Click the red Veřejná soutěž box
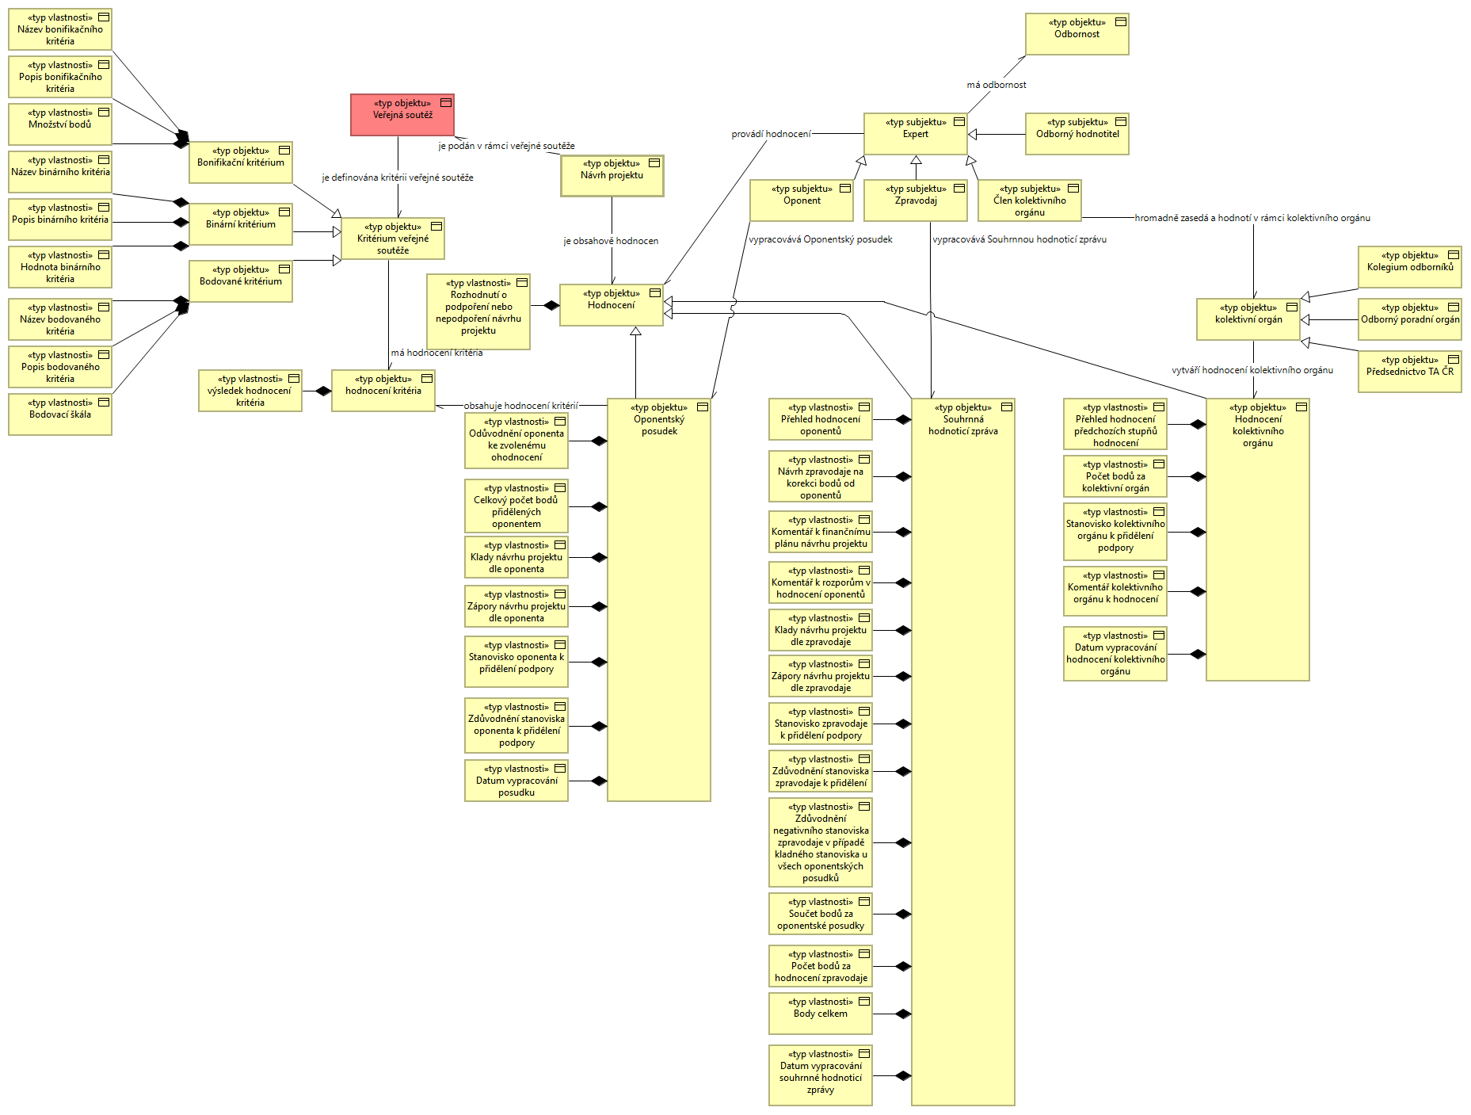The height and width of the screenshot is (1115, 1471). (x=402, y=115)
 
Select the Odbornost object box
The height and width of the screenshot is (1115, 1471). (x=1077, y=34)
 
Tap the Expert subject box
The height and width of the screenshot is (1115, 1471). (x=916, y=134)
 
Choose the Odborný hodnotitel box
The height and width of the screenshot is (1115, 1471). (x=1077, y=134)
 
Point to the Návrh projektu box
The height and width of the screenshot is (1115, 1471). (x=612, y=175)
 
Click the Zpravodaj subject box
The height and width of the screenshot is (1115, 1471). (x=916, y=200)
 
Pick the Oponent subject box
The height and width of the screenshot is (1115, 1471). (x=802, y=200)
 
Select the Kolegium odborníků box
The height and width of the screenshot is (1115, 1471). (x=1410, y=267)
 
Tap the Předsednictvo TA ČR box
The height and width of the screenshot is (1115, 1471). (x=1410, y=372)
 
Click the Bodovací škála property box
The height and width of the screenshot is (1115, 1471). (x=60, y=414)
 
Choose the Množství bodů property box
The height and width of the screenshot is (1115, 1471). (x=60, y=124)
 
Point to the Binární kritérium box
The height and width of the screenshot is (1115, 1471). (x=241, y=224)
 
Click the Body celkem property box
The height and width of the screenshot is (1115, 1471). (x=821, y=1014)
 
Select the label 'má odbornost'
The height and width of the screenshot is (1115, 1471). (x=997, y=85)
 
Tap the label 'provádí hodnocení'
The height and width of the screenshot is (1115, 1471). (x=772, y=134)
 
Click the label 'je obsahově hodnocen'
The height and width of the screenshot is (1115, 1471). (x=611, y=241)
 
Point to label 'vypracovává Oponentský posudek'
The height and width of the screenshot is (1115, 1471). (x=821, y=239)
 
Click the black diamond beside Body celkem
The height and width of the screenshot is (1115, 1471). (x=903, y=1014)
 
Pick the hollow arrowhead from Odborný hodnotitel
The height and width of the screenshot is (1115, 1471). (x=973, y=135)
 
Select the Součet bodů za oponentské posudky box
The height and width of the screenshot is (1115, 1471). (x=821, y=914)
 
